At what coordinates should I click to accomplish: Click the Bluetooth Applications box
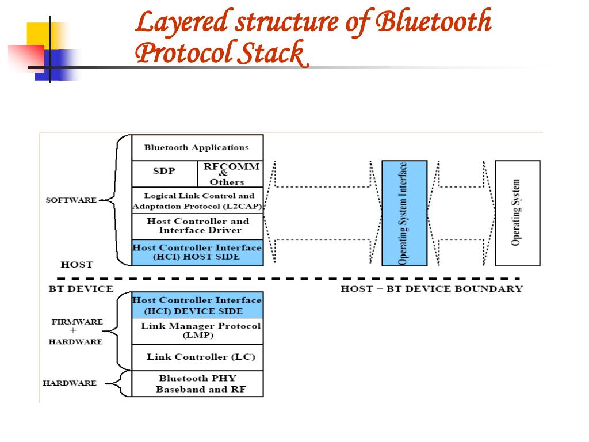pyautogui.click(x=198, y=148)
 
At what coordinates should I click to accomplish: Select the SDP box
pyautogui.click(x=165, y=174)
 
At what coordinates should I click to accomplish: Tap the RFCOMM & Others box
pyautogui.click(x=231, y=174)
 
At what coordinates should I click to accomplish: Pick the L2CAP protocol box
pyautogui.click(x=198, y=200)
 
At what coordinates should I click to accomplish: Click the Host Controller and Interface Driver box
pyautogui.click(x=198, y=226)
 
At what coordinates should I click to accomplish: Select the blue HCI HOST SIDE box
pyautogui.click(x=198, y=252)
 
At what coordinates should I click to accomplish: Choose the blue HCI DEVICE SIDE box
pyautogui.click(x=198, y=305)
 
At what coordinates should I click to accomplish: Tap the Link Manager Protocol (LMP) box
pyautogui.click(x=198, y=331)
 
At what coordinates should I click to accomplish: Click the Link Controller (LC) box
pyautogui.click(x=198, y=357)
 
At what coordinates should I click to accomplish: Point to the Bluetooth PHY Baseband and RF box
pyautogui.click(x=198, y=383)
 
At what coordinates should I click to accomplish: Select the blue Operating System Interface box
pyautogui.click(x=404, y=213)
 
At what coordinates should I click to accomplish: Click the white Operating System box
pyautogui.click(x=518, y=213)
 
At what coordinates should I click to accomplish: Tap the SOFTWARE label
pyautogui.click(x=71, y=200)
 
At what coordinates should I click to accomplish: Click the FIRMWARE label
pyautogui.click(x=77, y=322)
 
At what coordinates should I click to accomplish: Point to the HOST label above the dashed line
pyautogui.click(x=77, y=265)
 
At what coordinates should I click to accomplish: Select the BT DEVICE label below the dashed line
pyautogui.click(x=81, y=289)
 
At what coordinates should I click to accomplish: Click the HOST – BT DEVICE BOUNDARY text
pyautogui.click(x=431, y=289)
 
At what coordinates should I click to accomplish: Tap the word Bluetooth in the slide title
pyautogui.click(x=434, y=22)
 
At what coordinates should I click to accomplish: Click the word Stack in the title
pyautogui.click(x=274, y=54)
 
